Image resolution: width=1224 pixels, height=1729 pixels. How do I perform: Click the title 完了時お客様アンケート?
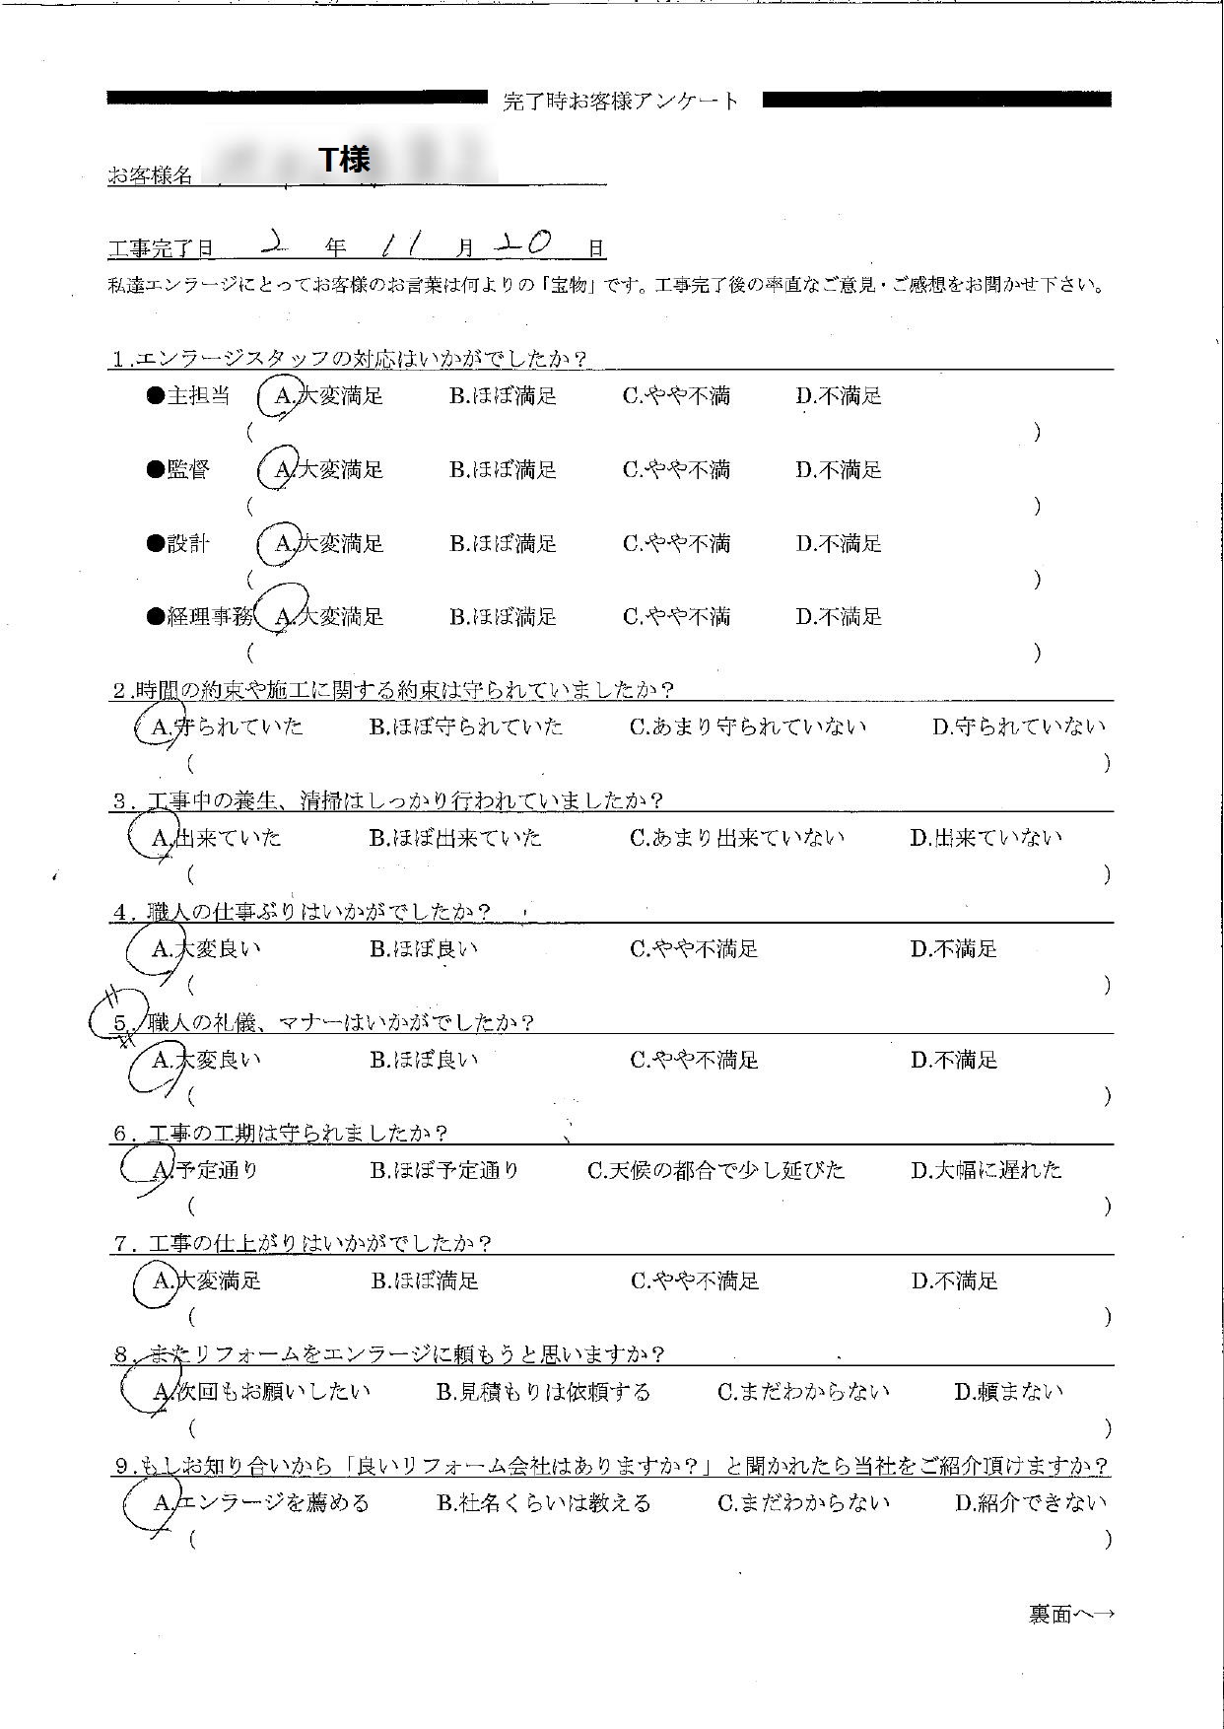(x=621, y=101)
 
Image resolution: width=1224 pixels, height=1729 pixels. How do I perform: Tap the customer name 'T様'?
(x=345, y=160)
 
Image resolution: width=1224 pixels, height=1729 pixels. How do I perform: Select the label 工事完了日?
(x=161, y=248)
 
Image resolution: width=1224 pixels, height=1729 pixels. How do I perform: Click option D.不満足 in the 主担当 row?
(x=839, y=396)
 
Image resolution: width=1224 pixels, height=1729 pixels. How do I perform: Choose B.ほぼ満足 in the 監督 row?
(x=504, y=470)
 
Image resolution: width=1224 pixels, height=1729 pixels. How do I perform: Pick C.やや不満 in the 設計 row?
(x=676, y=544)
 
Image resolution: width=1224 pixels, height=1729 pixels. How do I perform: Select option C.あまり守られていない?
(x=748, y=727)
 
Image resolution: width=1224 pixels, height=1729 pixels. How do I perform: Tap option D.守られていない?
(x=1019, y=727)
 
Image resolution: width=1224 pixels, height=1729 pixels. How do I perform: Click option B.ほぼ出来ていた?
(x=455, y=838)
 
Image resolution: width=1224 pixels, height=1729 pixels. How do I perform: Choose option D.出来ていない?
(x=986, y=838)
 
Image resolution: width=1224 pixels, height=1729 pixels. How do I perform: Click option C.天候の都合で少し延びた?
(x=716, y=1170)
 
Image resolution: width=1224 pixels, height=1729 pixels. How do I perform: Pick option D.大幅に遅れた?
(x=986, y=1170)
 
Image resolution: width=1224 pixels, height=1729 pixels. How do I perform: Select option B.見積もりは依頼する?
(x=543, y=1392)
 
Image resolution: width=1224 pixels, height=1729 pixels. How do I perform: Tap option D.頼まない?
(x=1009, y=1392)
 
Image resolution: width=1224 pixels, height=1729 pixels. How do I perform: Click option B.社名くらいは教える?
(x=543, y=1503)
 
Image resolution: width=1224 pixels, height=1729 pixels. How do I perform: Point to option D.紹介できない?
(x=1031, y=1503)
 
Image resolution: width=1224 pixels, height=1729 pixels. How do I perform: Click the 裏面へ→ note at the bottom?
(x=1071, y=1615)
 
